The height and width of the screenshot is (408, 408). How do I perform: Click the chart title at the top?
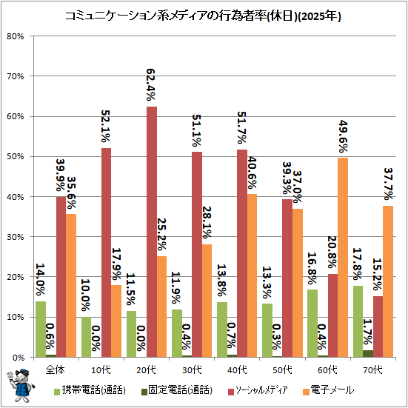203,16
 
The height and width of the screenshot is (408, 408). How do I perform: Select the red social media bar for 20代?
152,232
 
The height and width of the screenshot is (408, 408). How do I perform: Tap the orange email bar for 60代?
343,258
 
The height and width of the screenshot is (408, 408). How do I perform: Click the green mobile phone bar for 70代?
358,321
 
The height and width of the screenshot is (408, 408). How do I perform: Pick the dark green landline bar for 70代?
368,354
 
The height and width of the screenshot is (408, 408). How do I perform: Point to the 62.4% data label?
151,84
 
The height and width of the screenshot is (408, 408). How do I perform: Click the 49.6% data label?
344,136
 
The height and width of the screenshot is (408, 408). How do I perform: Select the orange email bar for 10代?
116,321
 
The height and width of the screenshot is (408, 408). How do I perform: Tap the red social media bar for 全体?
61,277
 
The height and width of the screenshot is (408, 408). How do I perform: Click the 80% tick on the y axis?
16,36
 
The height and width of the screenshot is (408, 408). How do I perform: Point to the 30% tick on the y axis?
16,237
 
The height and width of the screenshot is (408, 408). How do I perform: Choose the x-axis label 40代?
237,369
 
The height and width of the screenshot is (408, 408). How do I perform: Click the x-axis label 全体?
55,369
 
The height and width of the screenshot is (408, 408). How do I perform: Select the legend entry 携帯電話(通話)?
90,390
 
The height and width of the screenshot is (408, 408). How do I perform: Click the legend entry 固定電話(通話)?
177,390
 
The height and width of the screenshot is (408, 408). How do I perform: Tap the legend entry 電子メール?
329,390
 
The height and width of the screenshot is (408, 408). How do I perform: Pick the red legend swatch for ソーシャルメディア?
231,392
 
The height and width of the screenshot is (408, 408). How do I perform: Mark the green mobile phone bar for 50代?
267,330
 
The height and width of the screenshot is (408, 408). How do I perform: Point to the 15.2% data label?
378,275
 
